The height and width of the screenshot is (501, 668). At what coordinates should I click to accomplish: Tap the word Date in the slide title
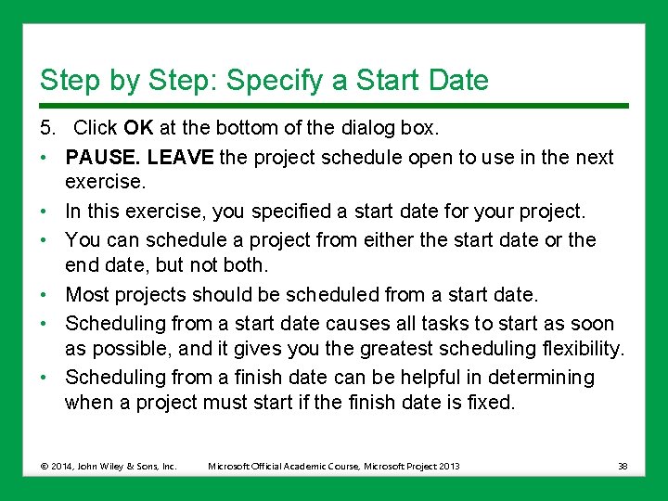point(456,81)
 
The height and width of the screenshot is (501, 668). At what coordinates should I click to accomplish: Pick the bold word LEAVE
point(181,157)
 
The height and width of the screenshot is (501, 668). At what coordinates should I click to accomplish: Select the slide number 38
point(622,466)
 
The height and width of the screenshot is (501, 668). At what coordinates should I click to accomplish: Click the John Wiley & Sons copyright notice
point(109,466)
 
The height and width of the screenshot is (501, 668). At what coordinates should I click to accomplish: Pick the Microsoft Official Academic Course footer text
point(333,466)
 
